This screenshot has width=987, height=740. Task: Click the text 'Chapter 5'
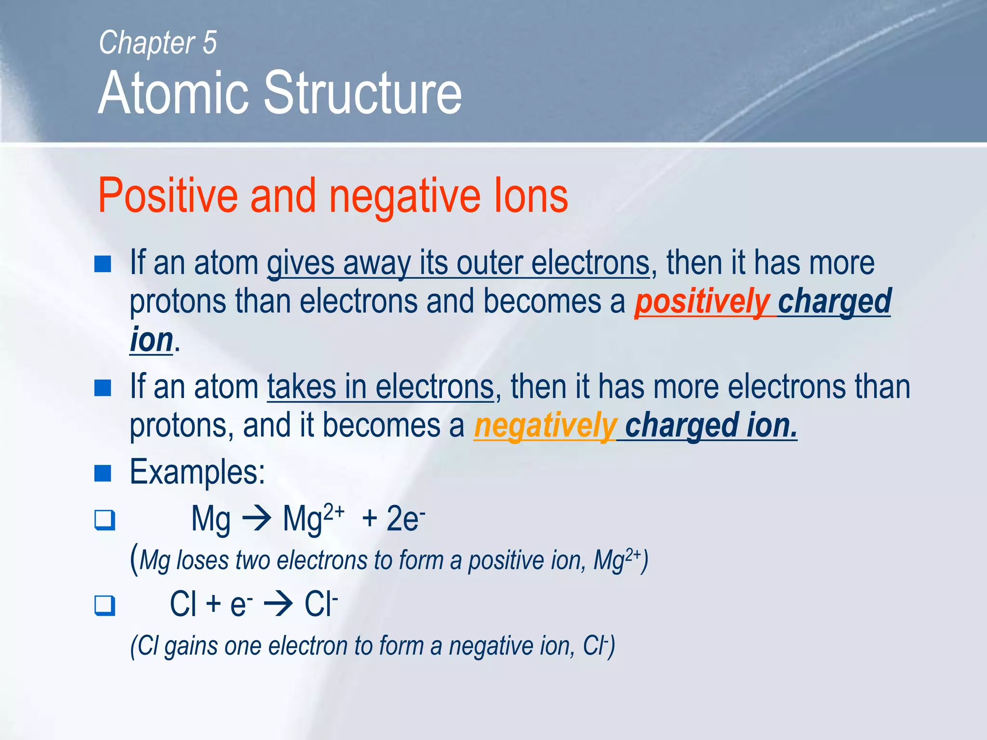pyautogui.click(x=158, y=43)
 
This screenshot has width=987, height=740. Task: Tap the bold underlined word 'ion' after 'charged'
pyautogui.click(x=151, y=340)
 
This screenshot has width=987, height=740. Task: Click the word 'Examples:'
pyautogui.click(x=198, y=472)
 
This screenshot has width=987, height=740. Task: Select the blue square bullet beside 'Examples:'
pyautogui.click(x=103, y=473)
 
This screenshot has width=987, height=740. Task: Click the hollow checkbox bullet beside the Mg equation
pyautogui.click(x=105, y=520)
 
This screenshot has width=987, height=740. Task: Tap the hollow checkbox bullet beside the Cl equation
pyautogui.click(x=105, y=606)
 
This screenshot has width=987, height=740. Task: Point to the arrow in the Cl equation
pyautogui.click(x=279, y=605)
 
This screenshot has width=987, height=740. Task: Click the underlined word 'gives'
pyautogui.click(x=301, y=264)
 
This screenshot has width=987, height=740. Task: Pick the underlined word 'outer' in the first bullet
pyautogui.click(x=490, y=264)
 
